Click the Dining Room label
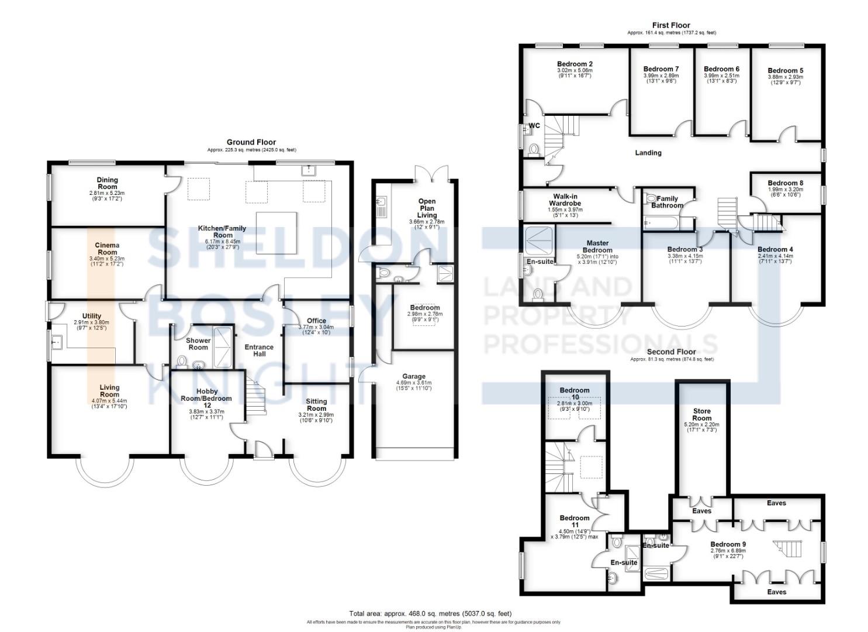[x=107, y=183]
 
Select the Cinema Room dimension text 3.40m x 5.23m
[x=108, y=258]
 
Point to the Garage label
[x=413, y=376]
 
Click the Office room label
[x=316, y=321]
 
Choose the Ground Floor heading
[x=251, y=142]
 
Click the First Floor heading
[x=671, y=25]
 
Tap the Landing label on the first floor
[x=648, y=153]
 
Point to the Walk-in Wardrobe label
[x=565, y=200]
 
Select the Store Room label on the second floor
[x=701, y=414]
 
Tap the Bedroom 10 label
[x=575, y=393]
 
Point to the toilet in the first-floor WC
[x=533, y=150]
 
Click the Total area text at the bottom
[x=431, y=614]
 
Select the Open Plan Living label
[x=427, y=208]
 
